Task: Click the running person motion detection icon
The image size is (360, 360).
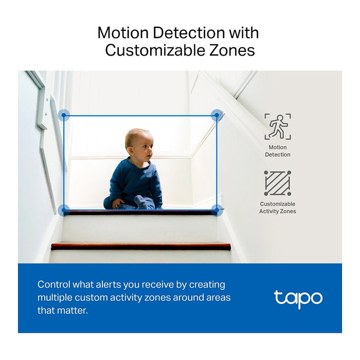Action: click(278, 127)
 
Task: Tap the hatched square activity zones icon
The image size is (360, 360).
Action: click(278, 183)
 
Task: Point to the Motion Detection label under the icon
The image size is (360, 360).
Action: click(278, 151)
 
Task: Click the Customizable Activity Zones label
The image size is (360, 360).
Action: click(278, 207)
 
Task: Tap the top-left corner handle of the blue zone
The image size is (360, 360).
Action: click(64, 115)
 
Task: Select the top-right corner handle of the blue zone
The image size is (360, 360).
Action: click(217, 115)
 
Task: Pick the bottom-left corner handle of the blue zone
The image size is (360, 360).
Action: click(64, 210)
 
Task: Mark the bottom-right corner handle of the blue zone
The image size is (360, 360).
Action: click(217, 210)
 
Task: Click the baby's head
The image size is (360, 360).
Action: click(138, 145)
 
